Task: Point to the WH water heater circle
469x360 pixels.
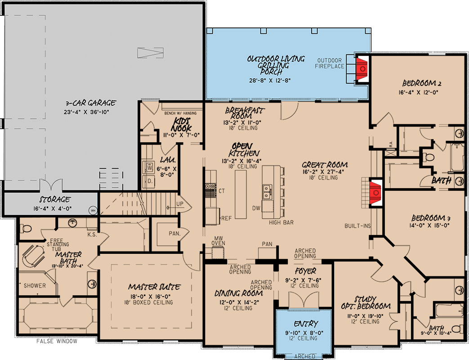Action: [x=93, y=209]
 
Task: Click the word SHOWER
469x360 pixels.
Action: [x=35, y=286]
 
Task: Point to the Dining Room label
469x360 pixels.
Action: [x=238, y=293]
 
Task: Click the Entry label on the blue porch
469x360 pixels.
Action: [x=307, y=324]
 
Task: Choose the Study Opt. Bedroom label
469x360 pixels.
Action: [x=365, y=302]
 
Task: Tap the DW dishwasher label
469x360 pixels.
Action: [x=256, y=208]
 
